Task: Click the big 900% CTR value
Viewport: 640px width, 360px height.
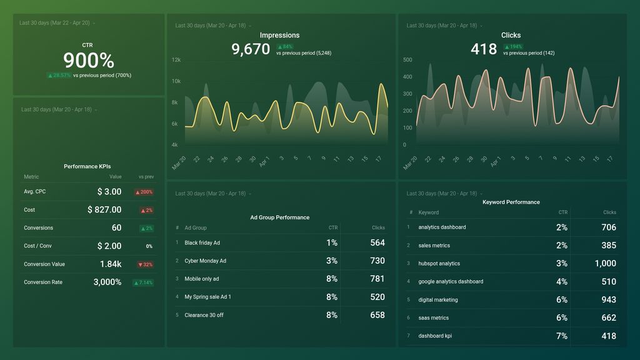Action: [x=89, y=61]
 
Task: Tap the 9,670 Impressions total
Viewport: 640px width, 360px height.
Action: [x=251, y=49]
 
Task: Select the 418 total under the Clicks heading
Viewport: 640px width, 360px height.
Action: [x=484, y=49]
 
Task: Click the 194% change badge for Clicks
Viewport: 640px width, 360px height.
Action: [x=514, y=47]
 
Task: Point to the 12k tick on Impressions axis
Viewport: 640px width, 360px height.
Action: [x=176, y=60]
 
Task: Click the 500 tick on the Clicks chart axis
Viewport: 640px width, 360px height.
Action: [x=407, y=60]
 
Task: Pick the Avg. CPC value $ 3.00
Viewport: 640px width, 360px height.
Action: [x=109, y=192]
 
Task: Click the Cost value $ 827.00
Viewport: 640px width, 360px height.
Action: [x=104, y=210]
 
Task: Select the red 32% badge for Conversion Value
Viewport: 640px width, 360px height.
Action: [x=145, y=264]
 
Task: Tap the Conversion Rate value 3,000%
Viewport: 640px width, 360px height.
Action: [x=107, y=282]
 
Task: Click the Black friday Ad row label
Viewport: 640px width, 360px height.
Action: [x=202, y=242]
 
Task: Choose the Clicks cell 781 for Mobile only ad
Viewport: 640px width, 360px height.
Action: [x=377, y=279]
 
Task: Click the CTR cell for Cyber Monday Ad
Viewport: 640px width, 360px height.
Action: [x=331, y=261]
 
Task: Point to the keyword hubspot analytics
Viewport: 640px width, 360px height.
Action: [x=439, y=264]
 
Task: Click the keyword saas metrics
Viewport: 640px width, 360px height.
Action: [x=433, y=318]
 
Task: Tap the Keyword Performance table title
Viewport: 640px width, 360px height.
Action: [x=511, y=202]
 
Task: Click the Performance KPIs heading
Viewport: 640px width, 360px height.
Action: [x=87, y=166]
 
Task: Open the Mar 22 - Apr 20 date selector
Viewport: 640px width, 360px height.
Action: [x=57, y=23]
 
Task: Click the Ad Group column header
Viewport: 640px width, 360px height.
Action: [x=195, y=228]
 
